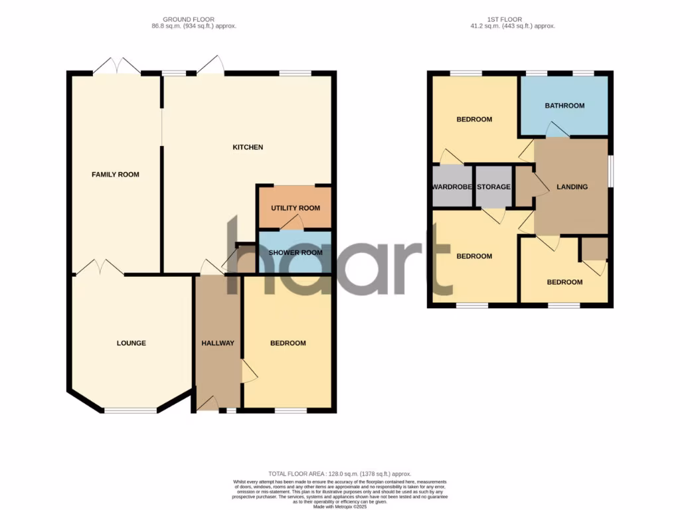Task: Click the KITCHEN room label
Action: pos(248,147)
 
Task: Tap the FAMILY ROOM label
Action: pos(116,175)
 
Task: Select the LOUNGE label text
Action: pos(131,343)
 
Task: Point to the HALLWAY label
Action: pos(218,343)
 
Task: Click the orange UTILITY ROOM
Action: pos(295,208)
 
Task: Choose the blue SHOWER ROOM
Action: pos(295,252)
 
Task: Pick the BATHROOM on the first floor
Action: pos(564,106)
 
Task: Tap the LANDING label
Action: pos(572,187)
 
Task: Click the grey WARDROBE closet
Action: pos(452,187)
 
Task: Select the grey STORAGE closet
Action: pos(494,187)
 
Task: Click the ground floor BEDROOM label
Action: pos(288,343)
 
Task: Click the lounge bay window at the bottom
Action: pos(131,410)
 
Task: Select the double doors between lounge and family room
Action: pos(98,268)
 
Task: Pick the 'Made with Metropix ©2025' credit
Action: pos(339,507)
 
